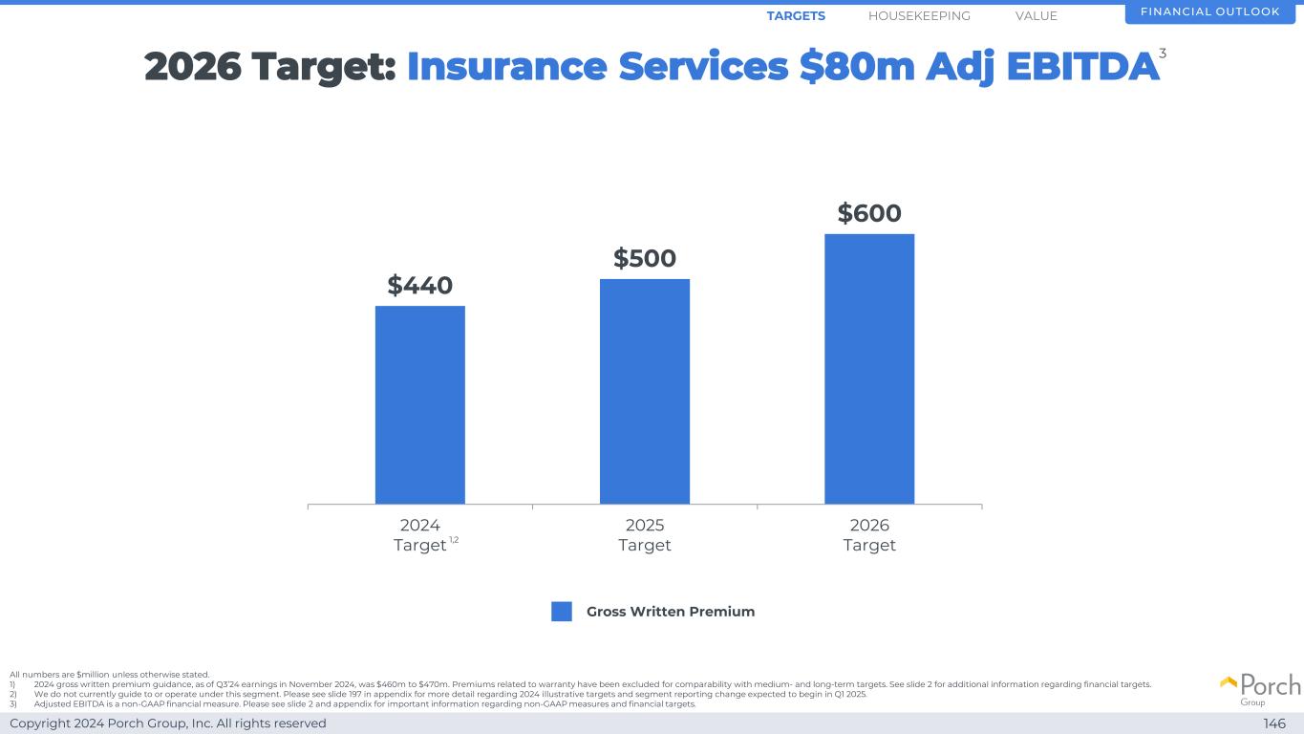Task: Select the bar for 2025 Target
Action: pos(644,391)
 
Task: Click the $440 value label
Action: pos(419,285)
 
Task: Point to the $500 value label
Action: pos(644,258)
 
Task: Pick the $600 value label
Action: pos(869,213)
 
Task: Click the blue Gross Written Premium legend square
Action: pos(562,612)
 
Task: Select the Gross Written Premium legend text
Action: pos(671,612)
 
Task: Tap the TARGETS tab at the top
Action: pos(796,16)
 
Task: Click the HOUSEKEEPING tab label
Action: pos(919,16)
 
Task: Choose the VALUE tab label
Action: pos(1037,16)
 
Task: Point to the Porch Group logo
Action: pos(1260,688)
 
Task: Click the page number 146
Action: pos(1274,723)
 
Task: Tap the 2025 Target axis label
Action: pos(644,535)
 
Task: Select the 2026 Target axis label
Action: pos(869,535)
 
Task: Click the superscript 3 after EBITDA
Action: pos(1163,54)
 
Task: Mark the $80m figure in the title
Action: pos(858,67)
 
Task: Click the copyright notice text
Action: pos(168,723)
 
